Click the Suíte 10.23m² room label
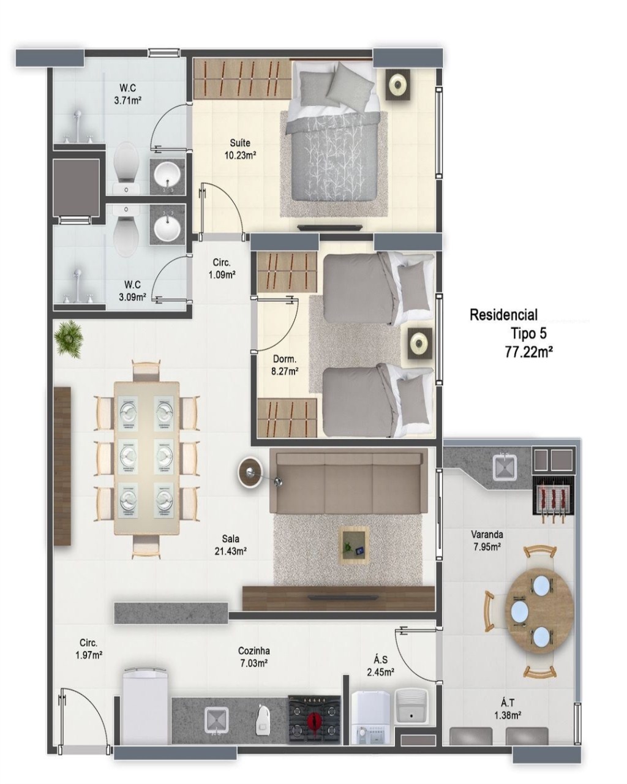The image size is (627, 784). pyautogui.click(x=240, y=149)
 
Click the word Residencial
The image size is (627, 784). pyautogui.click(x=503, y=315)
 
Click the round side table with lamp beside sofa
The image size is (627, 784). pyautogui.click(x=250, y=472)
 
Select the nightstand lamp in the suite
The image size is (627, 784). pyautogui.click(x=398, y=85)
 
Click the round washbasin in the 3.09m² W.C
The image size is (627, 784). pyautogui.click(x=167, y=228)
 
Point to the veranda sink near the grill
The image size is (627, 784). pyautogui.click(x=505, y=466)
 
